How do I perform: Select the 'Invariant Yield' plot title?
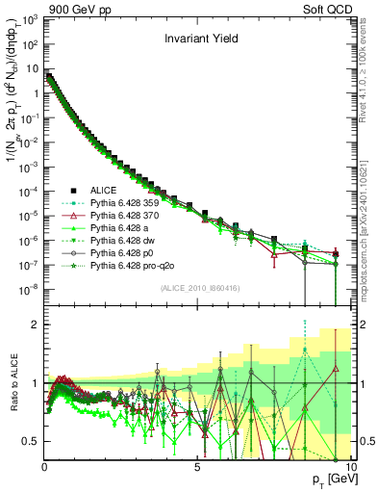point(196,40)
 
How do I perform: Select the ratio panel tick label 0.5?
point(31,441)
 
